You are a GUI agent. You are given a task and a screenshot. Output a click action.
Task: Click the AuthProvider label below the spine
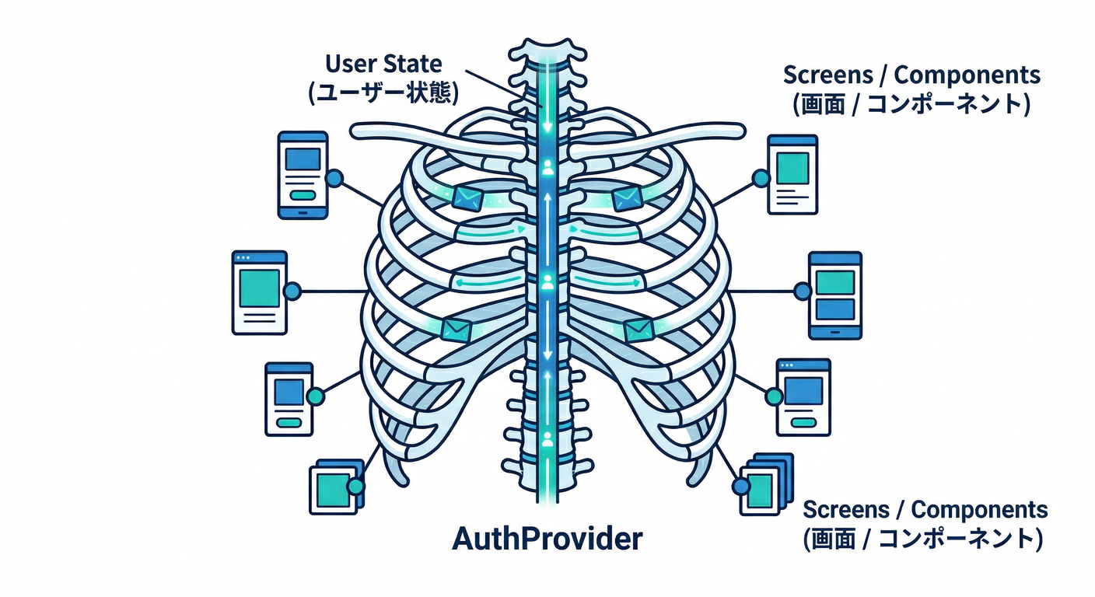(x=547, y=539)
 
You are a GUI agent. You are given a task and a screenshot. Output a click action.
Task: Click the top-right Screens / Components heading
(x=911, y=75)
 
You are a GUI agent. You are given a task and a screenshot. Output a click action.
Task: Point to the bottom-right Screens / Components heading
(x=925, y=510)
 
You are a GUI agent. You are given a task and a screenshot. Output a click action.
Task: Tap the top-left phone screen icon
(x=303, y=175)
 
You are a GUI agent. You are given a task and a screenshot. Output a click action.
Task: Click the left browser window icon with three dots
(x=259, y=292)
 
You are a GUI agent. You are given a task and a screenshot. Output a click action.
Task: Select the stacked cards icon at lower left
(x=336, y=487)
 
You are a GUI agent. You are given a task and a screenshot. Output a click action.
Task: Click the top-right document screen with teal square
(x=792, y=174)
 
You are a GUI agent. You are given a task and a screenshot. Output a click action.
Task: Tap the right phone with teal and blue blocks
(x=835, y=295)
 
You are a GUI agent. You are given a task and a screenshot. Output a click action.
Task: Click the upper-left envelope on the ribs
(x=467, y=197)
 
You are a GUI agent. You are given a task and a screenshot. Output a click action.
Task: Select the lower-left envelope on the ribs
(x=451, y=330)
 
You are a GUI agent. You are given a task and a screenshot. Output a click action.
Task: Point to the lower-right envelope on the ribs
(x=636, y=330)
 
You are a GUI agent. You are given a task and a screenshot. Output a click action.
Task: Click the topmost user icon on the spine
(x=547, y=166)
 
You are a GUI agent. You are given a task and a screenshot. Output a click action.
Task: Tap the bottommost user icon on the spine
(x=547, y=440)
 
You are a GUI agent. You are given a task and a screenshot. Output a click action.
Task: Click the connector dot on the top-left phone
(x=334, y=179)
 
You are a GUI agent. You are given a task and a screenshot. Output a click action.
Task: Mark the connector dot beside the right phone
(x=803, y=292)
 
